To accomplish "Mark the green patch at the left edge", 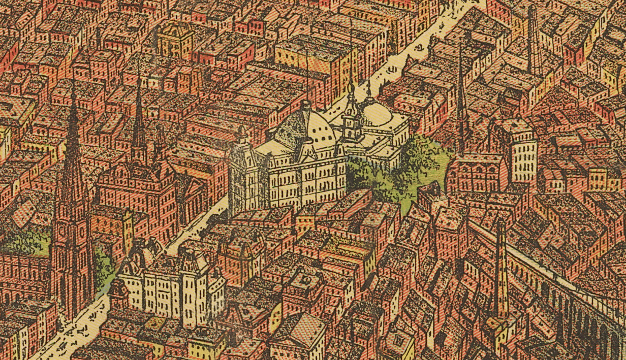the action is [x=25, y=243].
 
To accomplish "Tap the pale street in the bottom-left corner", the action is [x=76, y=330].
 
